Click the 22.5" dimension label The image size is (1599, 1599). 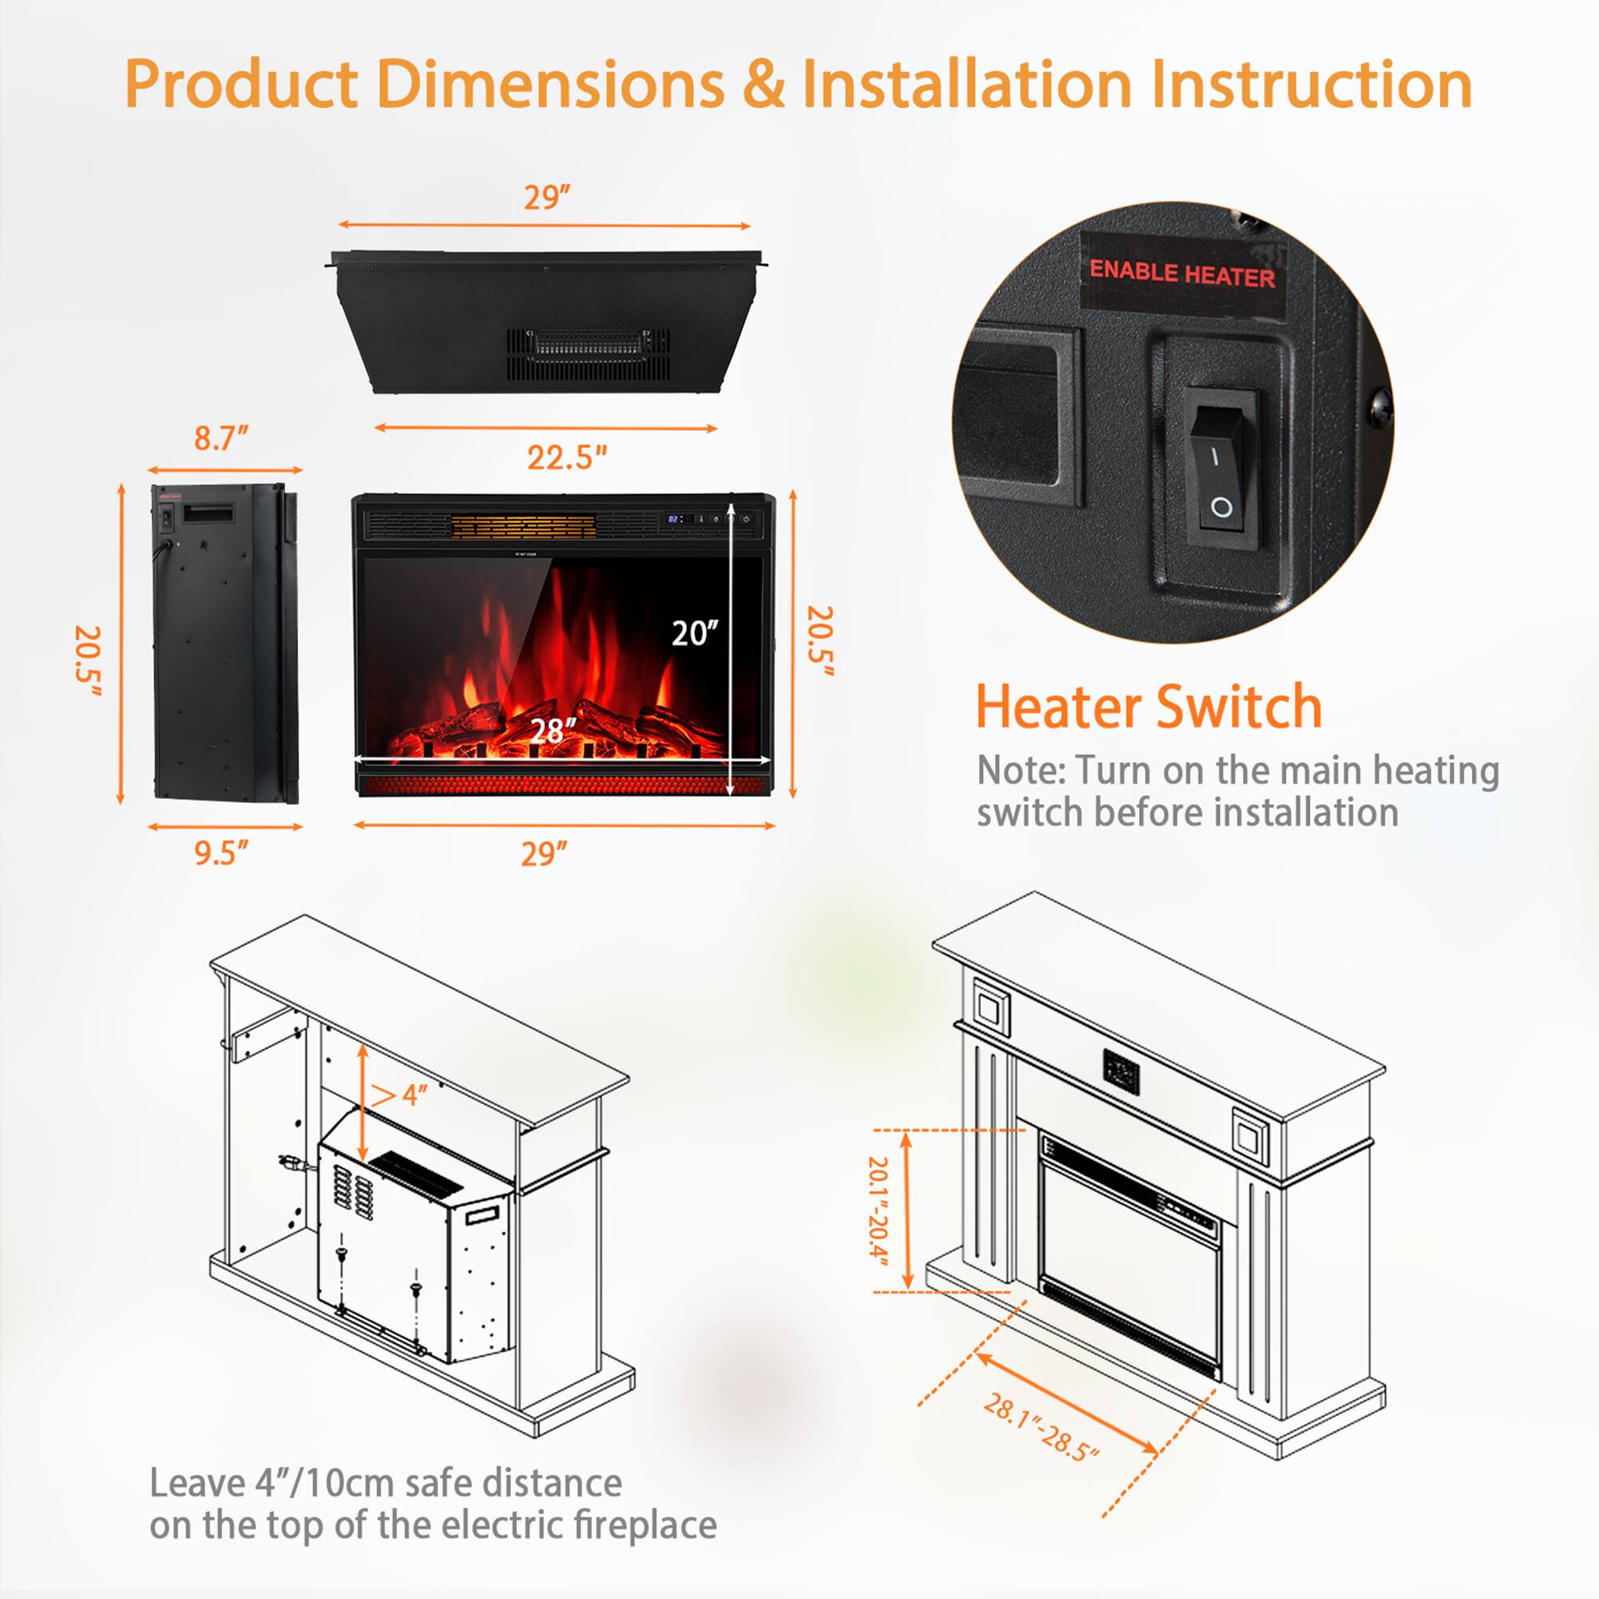567,457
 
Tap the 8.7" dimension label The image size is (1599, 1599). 221,438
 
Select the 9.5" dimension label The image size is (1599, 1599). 221,852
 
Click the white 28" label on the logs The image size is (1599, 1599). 552,730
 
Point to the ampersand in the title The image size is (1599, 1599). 763,84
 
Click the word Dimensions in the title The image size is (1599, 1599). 550,84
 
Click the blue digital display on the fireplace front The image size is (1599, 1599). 676,519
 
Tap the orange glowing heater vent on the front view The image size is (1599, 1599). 523,524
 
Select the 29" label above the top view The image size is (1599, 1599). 547,197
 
